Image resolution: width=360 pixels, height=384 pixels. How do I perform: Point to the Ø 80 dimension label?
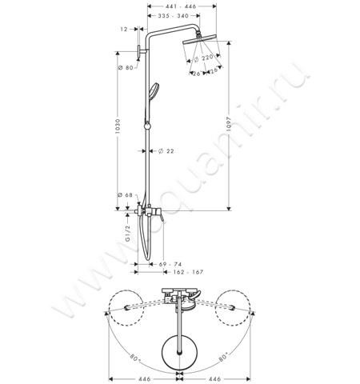pos(124,68)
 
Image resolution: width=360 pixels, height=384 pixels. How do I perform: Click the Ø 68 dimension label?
pos(124,194)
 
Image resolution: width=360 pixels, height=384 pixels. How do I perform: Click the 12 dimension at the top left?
pos(125,29)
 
